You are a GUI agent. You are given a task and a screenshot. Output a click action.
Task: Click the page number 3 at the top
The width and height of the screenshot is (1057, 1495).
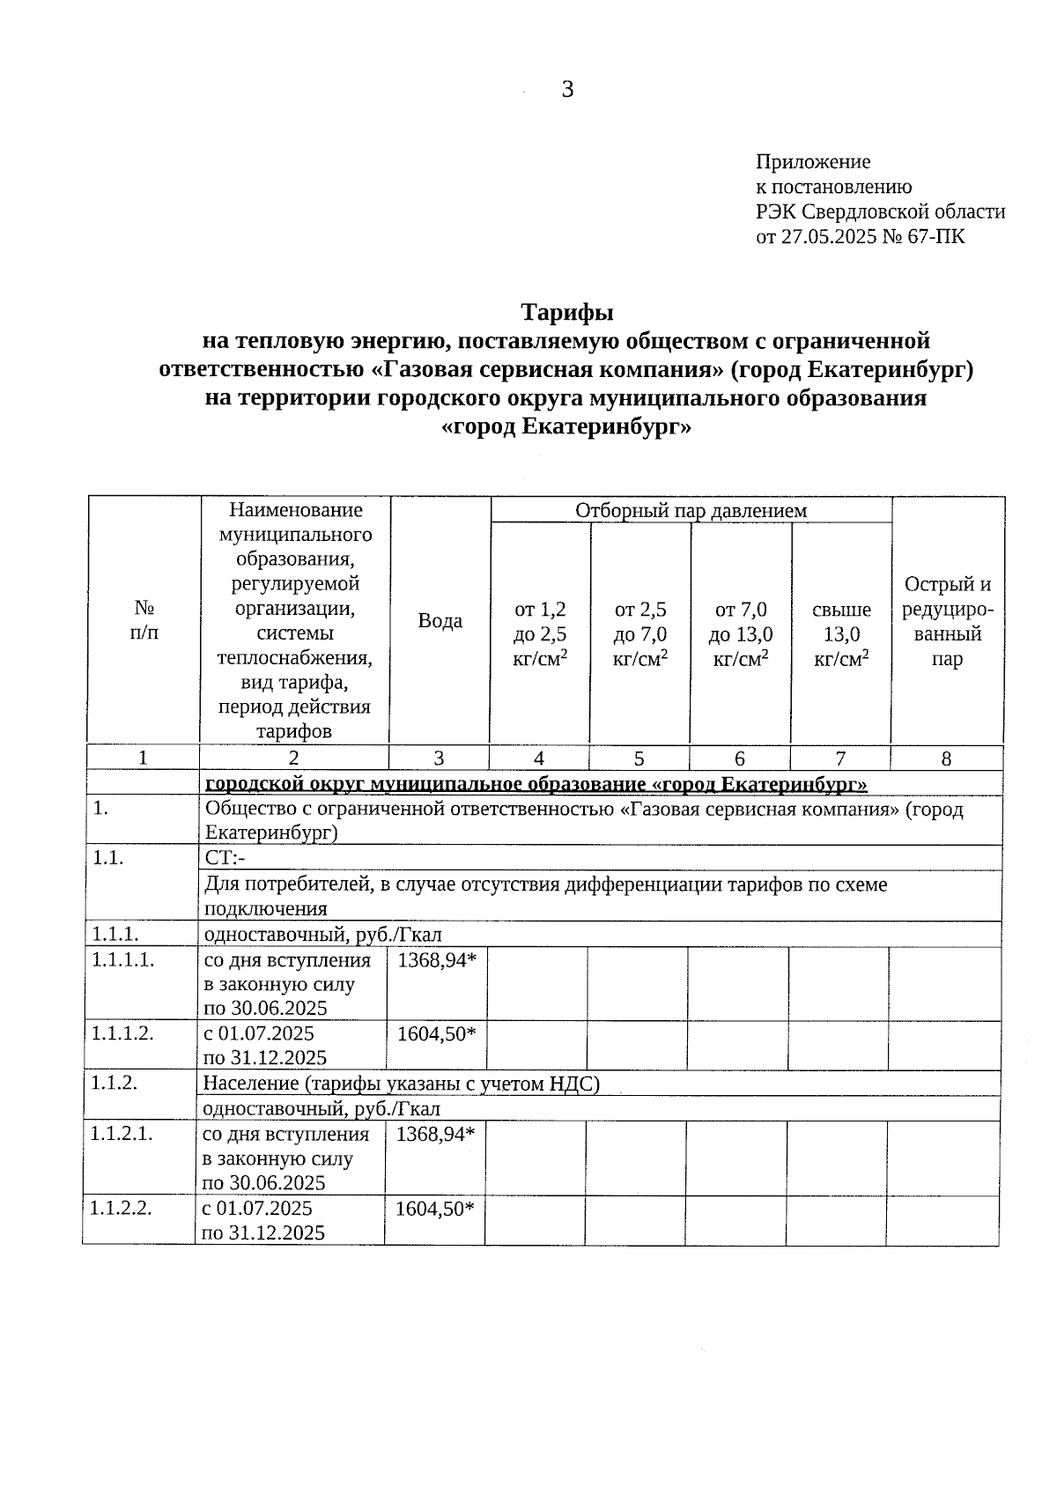(567, 89)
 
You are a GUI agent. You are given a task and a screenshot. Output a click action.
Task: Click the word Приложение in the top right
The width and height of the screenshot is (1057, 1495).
(812, 162)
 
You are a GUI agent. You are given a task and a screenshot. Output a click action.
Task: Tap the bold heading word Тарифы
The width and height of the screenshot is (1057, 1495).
(567, 313)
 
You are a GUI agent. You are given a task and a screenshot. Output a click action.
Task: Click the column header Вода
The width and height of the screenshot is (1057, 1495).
(440, 620)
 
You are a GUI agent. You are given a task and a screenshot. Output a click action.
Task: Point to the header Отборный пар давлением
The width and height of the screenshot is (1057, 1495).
(691, 510)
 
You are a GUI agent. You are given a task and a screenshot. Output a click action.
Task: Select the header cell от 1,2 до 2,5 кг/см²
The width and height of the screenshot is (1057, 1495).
(540, 633)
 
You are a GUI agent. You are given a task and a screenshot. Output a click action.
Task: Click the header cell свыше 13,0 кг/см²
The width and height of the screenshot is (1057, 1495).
(841, 633)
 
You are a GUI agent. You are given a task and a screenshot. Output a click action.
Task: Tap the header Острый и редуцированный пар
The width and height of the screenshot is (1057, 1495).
(947, 621)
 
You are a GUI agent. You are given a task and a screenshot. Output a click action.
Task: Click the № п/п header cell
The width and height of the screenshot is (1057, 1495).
(144, 620)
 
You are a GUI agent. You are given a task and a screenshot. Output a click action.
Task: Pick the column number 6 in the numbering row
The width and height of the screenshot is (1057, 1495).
(740, 759)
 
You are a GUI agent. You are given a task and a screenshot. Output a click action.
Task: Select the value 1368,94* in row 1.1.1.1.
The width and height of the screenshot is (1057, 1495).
(436, 960)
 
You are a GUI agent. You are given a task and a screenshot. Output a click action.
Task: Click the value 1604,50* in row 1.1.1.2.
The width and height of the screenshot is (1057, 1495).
(436, 1034)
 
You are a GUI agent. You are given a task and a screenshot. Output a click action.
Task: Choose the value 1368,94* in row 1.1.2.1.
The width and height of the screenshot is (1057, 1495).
(435, 1134)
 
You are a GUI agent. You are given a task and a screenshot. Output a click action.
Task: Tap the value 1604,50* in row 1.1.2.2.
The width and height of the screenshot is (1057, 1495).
(434, 1208)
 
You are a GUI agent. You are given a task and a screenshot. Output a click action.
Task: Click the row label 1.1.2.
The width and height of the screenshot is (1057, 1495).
(114, 1083)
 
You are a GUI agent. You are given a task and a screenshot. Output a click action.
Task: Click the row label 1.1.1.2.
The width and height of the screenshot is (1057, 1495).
(122, 1033)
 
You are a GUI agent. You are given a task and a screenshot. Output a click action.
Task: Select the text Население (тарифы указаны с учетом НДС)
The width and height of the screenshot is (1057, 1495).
(401, 1084)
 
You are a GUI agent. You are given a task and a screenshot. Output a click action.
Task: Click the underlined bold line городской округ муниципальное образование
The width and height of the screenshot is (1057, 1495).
(536, 784)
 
